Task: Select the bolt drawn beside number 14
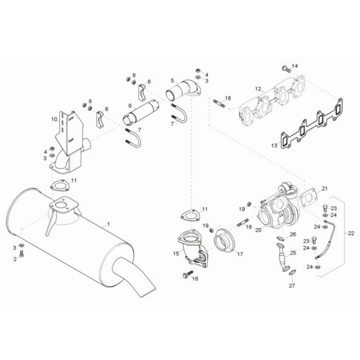(x=285, y=67)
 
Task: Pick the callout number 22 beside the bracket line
(x=350, y=232)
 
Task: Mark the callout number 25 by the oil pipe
(x=292, y=253)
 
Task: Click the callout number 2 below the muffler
(x=14, y=258)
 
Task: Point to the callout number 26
(x=292, y=234)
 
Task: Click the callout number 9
(x=130, y=105)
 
